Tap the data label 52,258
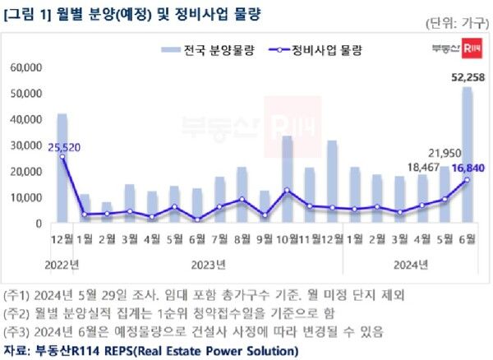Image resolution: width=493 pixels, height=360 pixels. [x=464, y=77]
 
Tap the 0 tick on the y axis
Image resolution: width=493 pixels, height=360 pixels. [x=38, y=224]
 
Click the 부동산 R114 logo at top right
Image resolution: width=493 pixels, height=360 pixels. [x=455, y=50]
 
